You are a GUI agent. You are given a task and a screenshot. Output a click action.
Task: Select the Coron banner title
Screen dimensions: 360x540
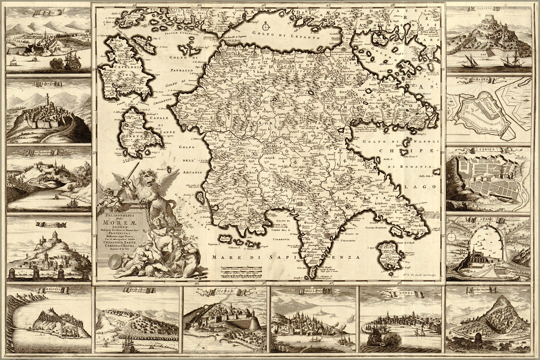228,291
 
